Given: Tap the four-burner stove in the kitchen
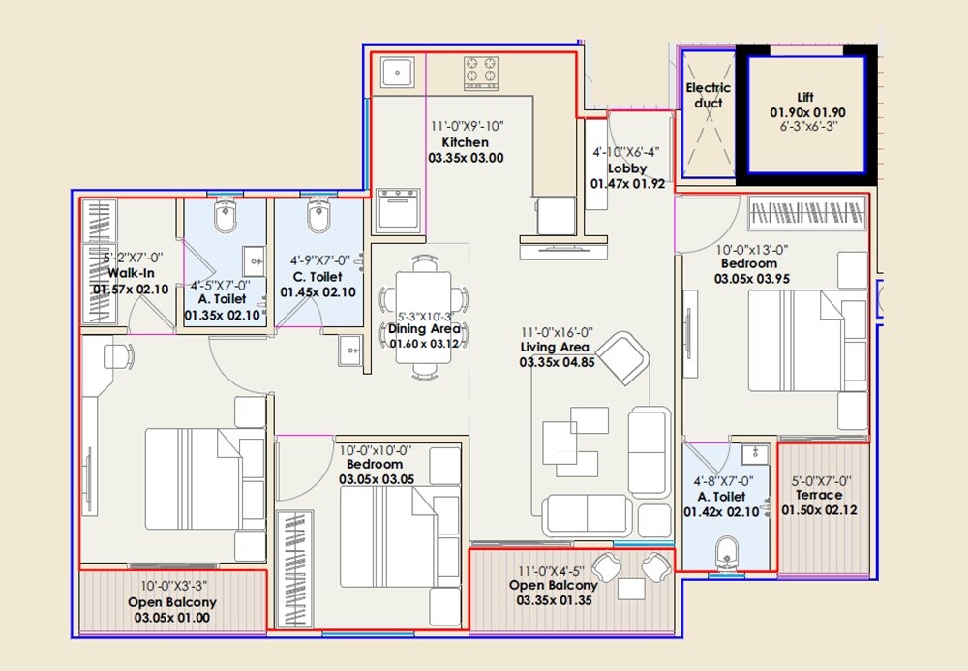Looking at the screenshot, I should tap(481, 72).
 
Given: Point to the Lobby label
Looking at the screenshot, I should tap(627, 168).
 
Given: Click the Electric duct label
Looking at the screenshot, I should tap(709, 95).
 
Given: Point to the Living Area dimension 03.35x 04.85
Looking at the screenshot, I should tap(557, 362).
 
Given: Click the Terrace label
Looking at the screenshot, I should tap(818, 495).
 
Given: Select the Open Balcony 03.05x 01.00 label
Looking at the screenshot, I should tap(172, 602).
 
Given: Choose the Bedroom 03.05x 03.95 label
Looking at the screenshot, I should tap(745, 263).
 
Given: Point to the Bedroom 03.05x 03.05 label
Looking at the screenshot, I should tap(376, 465).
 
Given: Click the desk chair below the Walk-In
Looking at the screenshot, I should tap(118, 355).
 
